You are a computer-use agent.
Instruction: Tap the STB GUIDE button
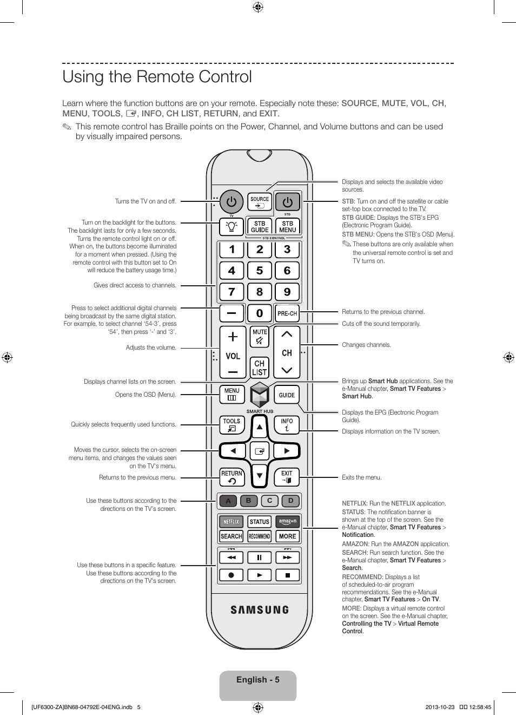260,226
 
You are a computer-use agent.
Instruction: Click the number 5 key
260,271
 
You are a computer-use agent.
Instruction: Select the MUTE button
260,337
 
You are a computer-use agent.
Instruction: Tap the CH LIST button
260,368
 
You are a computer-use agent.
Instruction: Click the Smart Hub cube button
260,395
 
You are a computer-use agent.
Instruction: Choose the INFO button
287,425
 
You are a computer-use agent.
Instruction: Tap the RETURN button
232,477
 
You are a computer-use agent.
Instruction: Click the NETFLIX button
231,522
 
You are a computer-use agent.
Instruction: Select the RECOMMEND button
260,536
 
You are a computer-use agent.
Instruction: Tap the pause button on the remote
260,557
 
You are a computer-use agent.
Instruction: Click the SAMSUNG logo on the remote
260,610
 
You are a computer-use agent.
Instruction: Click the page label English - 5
258,680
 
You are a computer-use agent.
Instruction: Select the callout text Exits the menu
362,477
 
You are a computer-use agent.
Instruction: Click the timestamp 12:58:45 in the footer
480,707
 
